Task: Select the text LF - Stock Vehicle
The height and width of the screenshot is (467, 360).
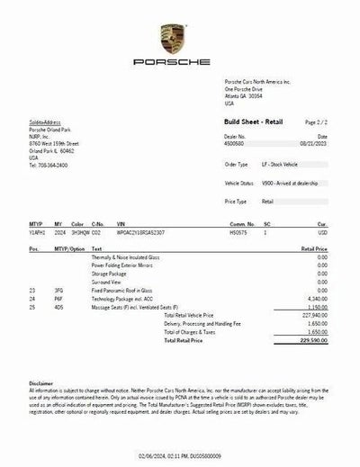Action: click(x=279, y=165)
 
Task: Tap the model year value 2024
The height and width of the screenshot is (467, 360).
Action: click(x=59, y=231)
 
